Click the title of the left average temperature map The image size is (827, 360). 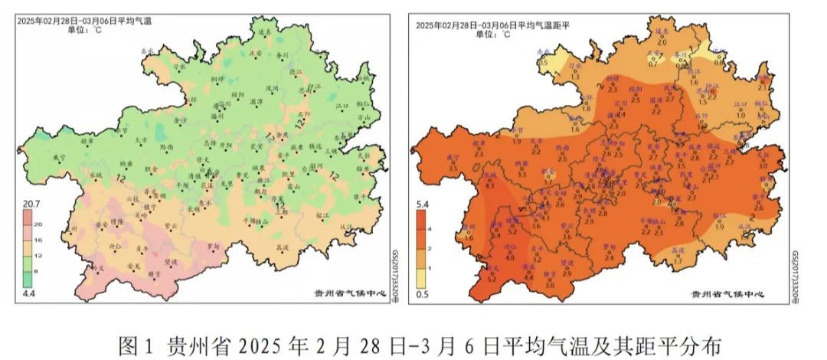(84, 22)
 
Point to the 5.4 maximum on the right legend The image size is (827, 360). (421, 205)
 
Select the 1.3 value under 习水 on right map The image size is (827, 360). (575, 76)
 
